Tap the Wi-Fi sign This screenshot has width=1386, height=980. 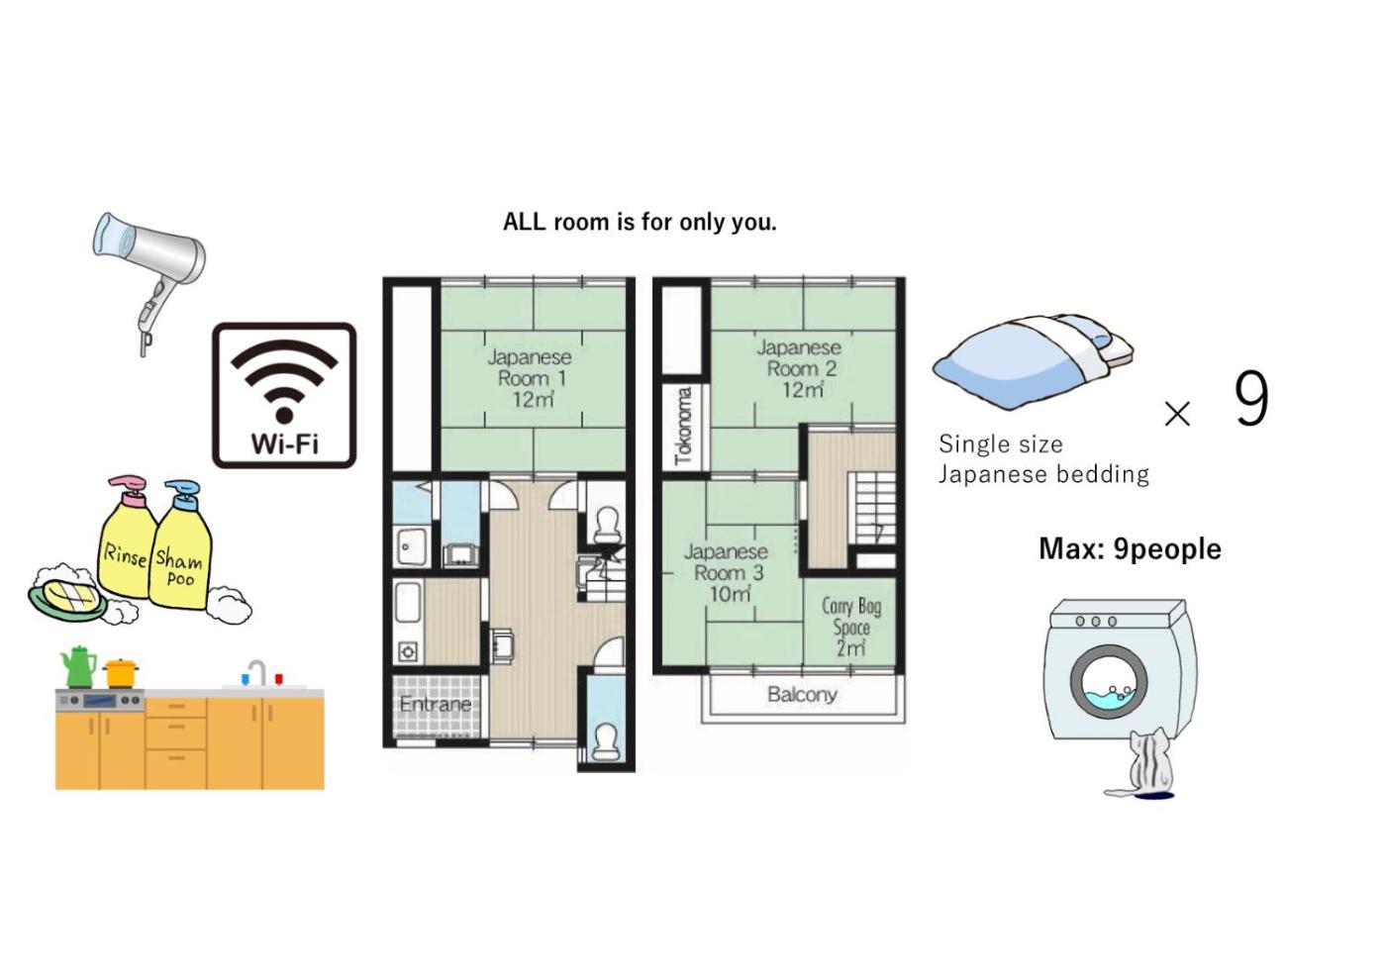pos(284,395)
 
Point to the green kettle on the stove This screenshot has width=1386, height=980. pos(77,667)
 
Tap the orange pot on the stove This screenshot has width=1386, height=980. pos(121,673)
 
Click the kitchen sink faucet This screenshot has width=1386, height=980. pos(256,672)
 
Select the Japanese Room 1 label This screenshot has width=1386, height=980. pos(531,378)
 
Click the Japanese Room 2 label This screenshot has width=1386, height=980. pos(800,368)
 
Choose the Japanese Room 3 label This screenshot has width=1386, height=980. pos(727,573)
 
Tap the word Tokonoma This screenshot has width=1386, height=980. pos(684,427)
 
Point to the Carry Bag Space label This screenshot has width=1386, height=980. pos(851,627)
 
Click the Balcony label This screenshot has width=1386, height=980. pos(803,695)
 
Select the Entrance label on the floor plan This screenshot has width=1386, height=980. pos(436,704)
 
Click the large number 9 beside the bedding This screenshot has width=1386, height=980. pos(1251,398)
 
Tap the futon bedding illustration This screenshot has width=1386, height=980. pos(1034,362)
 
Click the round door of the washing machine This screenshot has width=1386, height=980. pos(1108,684)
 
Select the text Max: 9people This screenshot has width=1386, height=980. pos(1130,548)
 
